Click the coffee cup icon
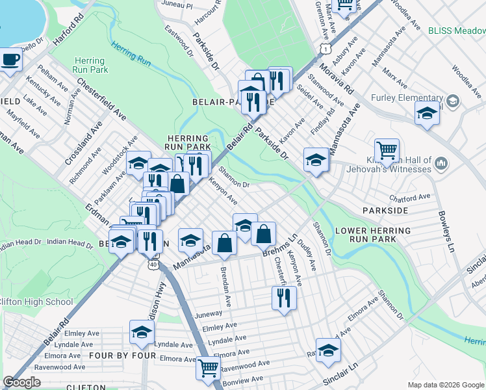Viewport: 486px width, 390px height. [x=10, y=60]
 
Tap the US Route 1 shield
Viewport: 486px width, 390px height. [x=326, y=48]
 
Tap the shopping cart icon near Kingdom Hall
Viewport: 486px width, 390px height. [x=387, y=150]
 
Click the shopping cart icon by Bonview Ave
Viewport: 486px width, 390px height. [x=208, y=367]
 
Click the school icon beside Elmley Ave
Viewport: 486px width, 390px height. [x=142, y=332]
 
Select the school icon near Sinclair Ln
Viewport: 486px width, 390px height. [x=328, y=350]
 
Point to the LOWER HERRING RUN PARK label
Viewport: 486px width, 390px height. [x=372, y=235]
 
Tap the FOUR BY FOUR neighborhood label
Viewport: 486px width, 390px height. [x=123, y=356]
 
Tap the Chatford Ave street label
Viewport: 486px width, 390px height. [x=410, y=197]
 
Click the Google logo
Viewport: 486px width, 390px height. [x=22, y=382]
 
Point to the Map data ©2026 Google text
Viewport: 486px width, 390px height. [x=445, y=385]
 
